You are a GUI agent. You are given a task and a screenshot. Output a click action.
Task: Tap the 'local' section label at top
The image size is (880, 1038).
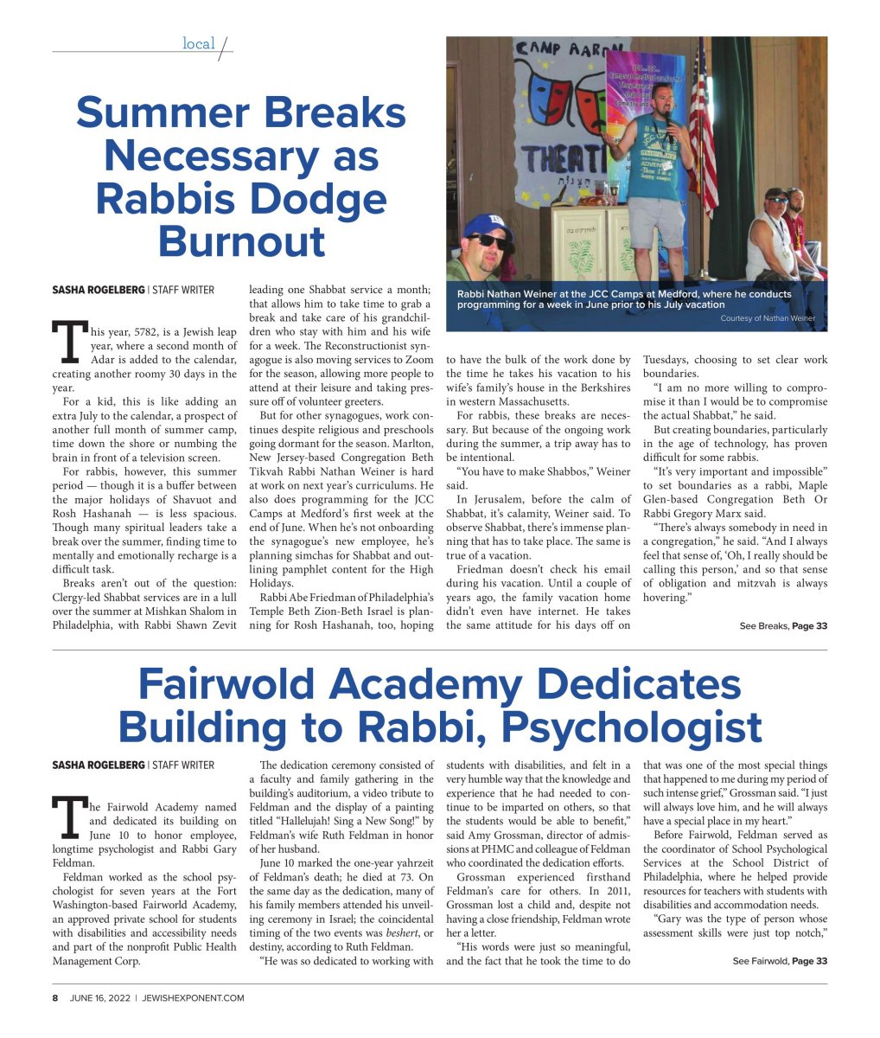(x=198, y=43)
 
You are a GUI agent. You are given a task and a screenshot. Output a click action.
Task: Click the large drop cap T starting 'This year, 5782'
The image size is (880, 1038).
(x=67, y=341)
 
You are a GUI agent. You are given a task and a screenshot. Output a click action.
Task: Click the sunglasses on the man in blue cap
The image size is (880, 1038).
(x=488, y=241)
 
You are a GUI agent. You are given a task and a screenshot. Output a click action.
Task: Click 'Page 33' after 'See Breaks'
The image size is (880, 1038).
(x=809, y=626)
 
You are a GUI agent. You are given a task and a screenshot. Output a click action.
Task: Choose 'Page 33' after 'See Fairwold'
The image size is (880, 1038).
(x=809, y=961)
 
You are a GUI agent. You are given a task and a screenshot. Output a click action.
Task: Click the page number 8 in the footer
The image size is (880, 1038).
(x=54, y=997)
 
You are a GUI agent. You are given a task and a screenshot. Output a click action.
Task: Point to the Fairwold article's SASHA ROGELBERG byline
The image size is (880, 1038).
(x=98, y=765)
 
